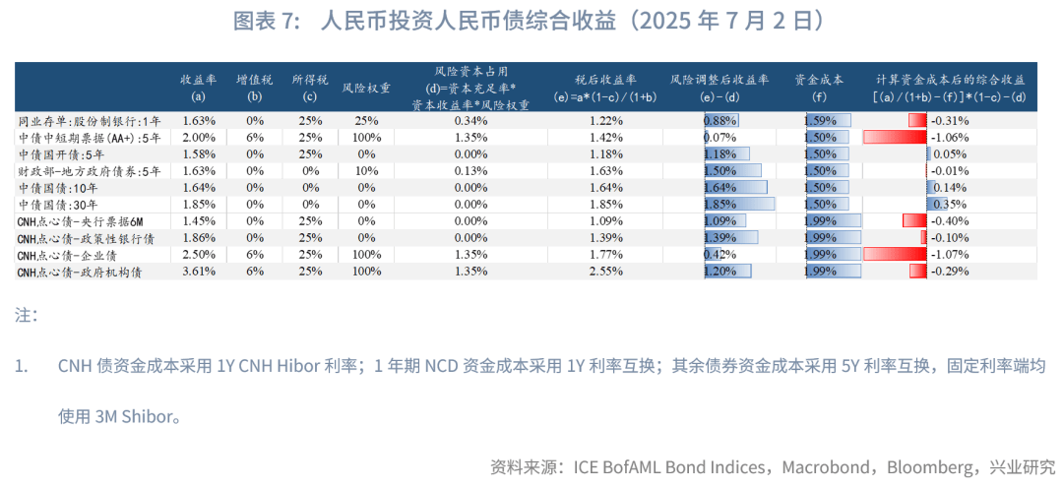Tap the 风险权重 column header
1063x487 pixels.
366,88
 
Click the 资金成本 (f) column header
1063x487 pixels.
819,88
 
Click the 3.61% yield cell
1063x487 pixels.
198,272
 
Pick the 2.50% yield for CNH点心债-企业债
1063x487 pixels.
198,255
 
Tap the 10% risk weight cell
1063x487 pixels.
366,170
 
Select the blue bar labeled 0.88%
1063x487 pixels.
721,120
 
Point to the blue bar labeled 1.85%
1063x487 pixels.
738,204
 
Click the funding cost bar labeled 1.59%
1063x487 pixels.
827,120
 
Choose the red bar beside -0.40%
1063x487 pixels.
914,220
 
